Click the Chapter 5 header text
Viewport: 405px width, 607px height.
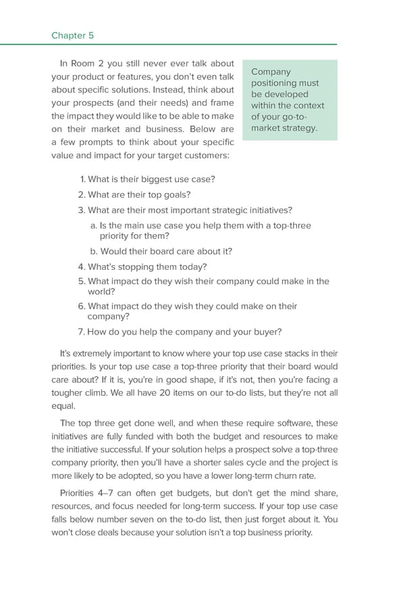tap(75, 35)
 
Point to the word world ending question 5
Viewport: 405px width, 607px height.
tap(100, 292)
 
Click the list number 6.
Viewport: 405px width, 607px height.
tap(82, 306)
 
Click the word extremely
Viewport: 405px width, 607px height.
tap(97, 353)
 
